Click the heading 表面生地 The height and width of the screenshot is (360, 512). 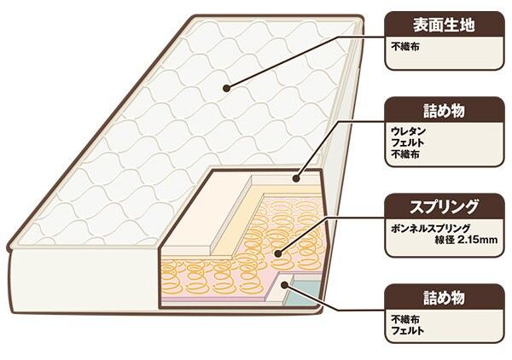click(444, 25)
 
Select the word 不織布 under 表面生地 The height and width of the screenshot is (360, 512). click(405, 47)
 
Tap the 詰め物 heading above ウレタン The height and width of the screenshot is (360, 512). click(444, 111)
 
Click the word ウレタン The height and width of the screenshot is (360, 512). click(409, 131)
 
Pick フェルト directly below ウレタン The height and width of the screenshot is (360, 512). click(408, 142)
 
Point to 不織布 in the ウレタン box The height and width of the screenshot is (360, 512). click(405, 154)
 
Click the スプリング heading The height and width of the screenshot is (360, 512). click(444, 207)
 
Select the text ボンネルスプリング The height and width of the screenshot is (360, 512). click(431, 228)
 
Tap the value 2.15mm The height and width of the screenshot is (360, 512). click(477, 240)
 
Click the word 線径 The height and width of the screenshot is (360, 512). click(445, 240)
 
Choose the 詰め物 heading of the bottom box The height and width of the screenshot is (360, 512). click(444, 298)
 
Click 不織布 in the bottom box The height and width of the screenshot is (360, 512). click(405, 318)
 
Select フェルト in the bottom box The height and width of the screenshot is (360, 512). click(408, 330)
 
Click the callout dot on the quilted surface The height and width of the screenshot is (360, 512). click(226, 88)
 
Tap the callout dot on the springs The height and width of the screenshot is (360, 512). click(278, 253)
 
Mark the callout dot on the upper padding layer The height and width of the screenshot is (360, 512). click(296, 178)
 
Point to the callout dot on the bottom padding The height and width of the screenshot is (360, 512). click(284, 285)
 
